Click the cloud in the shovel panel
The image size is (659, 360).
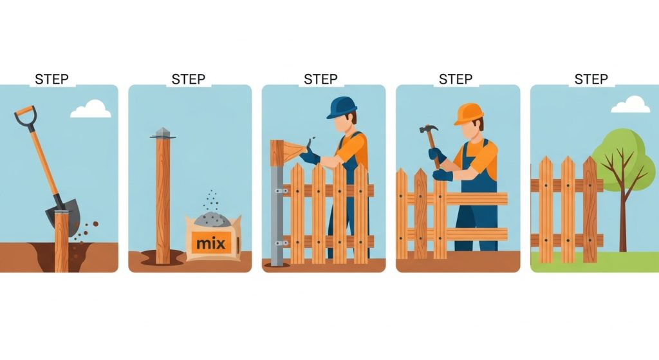(x=91, y=109)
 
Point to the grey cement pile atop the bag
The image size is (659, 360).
(x=212, y=220)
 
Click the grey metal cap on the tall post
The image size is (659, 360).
(x=162, y=133)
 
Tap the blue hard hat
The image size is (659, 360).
(x=342, y=107)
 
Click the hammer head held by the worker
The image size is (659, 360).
(x=427, y=129)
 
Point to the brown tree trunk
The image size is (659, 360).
(x=623, y=219)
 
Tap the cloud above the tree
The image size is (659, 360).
(x=630, y=104)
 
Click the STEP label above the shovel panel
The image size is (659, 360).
(x=53, y=79)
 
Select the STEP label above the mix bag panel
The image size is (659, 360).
(x=189, y=79)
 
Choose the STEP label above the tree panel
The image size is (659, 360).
(x=591, y=79)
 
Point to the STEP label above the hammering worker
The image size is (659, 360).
(x=456, y=79)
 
